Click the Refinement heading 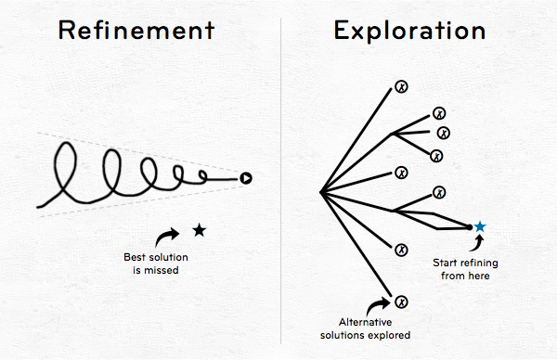tap(136, 30)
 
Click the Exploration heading tap(409, 32)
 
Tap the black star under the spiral tap(200, 230)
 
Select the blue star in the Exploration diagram tap(480, 226)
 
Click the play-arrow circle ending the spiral tap(246, 178)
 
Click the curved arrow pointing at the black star tap(166, 236)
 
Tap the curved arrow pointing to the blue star tap(478, 244)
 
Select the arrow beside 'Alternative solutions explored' tap(377, 305)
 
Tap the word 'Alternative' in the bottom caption tap(365, 322)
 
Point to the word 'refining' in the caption tap(479, 264)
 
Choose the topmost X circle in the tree tap(401, 86)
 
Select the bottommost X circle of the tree tap(401, 302)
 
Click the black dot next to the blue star tap(469, 227)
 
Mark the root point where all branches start tap(321, 192)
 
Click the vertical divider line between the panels tap(280, 181)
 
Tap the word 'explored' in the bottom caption tap(389, 335)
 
